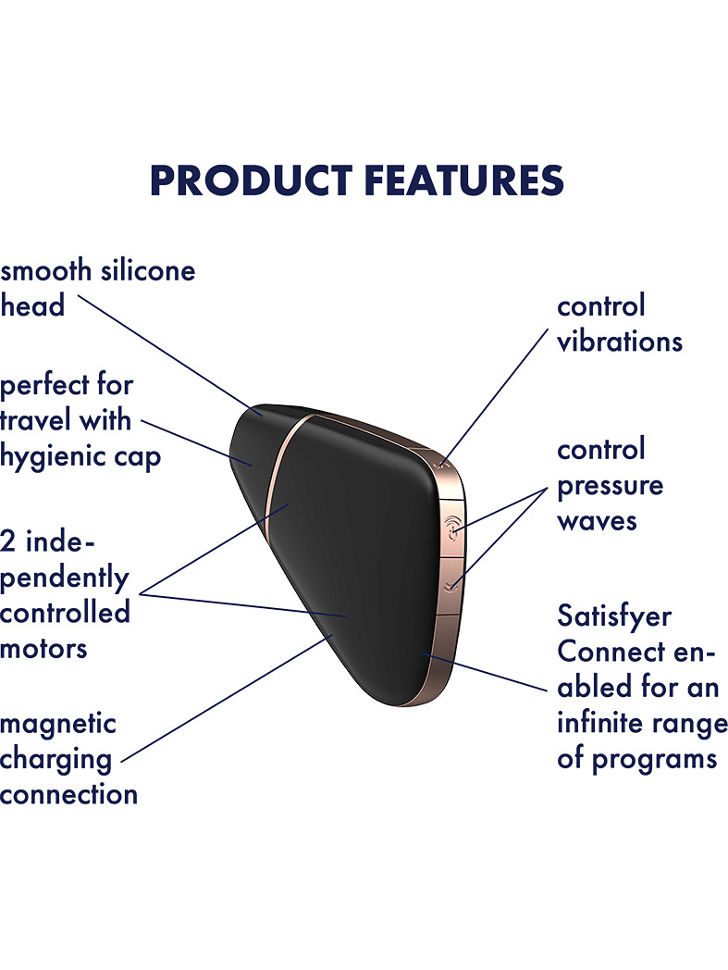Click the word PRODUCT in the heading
click(251, 180)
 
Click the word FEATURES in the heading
click(463, 180)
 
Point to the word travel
click(34, 420)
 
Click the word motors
click(43, 650)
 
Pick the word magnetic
click(58, 725)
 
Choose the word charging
click(56, 761)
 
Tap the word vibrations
click(620, 342)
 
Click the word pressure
click(610, 487)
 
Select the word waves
click(597, 521)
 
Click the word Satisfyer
click(614, 616)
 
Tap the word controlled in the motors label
click(65, 613)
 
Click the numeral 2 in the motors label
click(7, 541)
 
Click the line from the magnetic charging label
click(227, 698)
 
